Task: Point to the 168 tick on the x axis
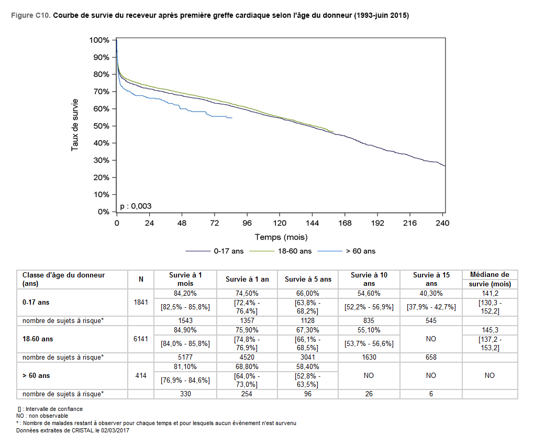point(344,223)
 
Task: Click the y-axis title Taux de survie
point(75,125)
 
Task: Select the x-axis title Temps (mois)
point(281,237)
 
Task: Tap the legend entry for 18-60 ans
point(294,251)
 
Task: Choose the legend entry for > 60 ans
point(361,251)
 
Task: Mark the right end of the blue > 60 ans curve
point(231,118)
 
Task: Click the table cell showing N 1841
point(141,302)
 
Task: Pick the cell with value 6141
point(141,339)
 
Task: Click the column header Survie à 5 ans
point(308,279)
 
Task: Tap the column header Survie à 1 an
point(247,279)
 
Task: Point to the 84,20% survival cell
point(185,294)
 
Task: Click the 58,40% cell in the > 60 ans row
point(308,367)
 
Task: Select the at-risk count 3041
point(308,358)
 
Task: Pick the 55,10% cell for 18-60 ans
point(369,330)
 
